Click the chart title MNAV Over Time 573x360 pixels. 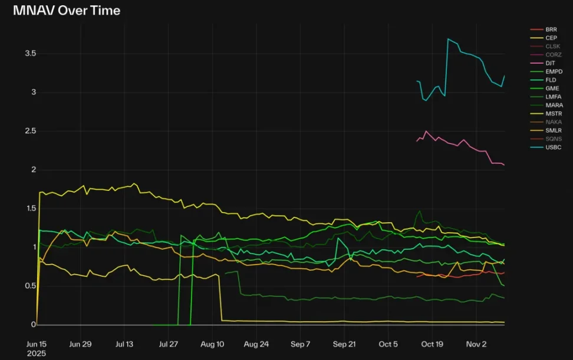(66, 11)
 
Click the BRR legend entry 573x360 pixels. (551, 29)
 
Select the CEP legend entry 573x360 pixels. (551, 38)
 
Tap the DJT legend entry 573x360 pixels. (550, 63)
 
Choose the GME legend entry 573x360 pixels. (552, 88)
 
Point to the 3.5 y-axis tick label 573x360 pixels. (30, 54)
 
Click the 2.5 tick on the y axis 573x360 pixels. (30, 131)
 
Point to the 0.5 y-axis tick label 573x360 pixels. (30, 286)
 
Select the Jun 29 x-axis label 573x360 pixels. (80, 344)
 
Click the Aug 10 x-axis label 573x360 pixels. (212, 344)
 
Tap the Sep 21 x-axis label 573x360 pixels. (344, 344)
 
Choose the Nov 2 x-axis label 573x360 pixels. (476, 344)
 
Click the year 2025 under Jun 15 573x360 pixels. (37, 354)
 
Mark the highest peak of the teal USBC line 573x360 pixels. (448, 39)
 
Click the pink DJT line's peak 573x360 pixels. (426, 131)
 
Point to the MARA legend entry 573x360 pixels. (554, 105)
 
